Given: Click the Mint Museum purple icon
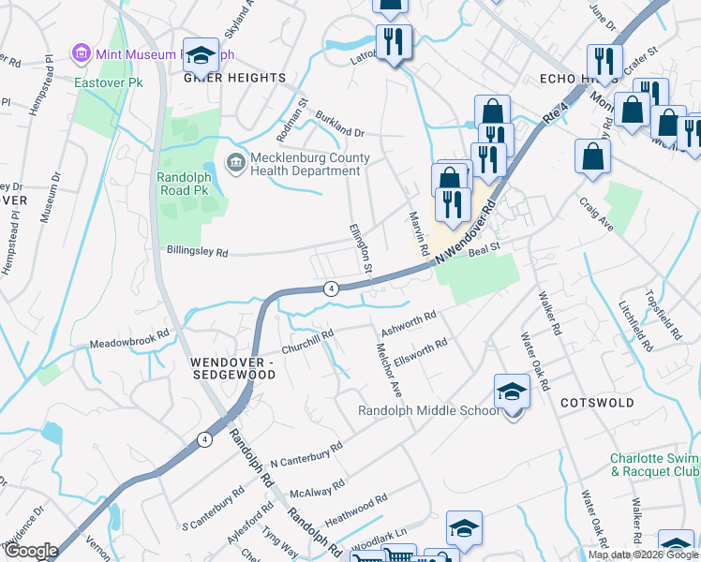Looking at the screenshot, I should [81, 54].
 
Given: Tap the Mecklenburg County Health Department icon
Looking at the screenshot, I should [235, 164].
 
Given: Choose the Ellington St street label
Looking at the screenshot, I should [361, 248].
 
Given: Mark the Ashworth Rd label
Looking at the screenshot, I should [409, 324].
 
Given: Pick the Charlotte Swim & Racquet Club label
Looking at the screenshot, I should [654, 465].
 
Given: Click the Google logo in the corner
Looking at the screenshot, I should [31, 551].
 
